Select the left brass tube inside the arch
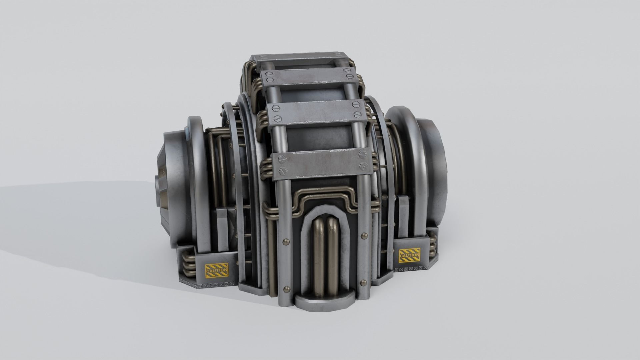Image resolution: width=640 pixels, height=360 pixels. coord(318,257)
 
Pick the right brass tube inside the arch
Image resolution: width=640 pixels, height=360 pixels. coord(333,257)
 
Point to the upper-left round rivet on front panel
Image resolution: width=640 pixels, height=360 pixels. coord(286,240)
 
